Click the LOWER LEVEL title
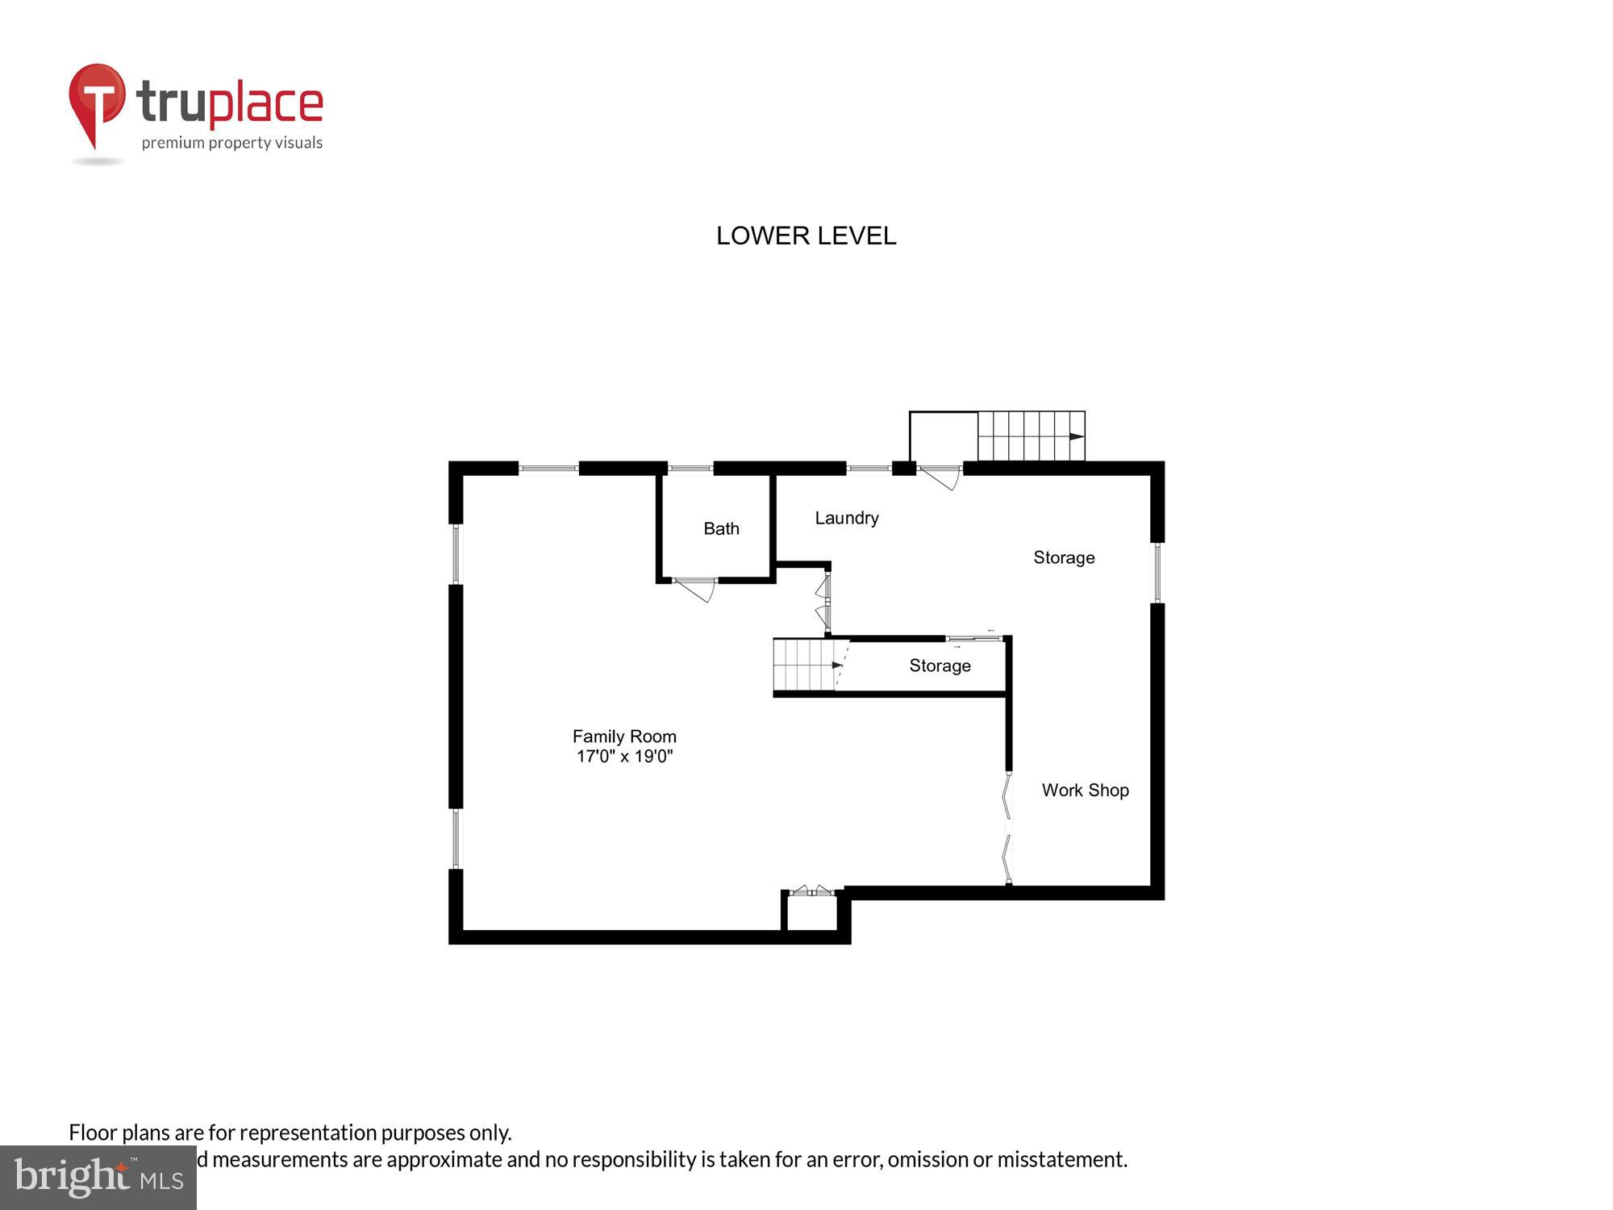click(x=806, y=236)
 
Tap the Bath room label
click(x=721, y=528)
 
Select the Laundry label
click(x=846, y=518)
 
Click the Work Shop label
click(x=1085, y=790)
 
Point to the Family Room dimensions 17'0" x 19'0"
click(x=624, y=757)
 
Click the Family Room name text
click(x=624, y=736)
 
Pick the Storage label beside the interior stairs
click(x=940, y=665)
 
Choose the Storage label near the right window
click(x=1064, y=557)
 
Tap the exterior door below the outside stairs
click(x=940, y=476)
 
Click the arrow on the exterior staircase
click(x=1076, y=436)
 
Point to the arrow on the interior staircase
click(x=836, y=665)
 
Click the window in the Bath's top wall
click(x=690, y=468)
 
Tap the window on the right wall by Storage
click(x=1157, y=573)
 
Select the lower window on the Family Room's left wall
click(x=456, y=838)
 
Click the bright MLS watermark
click(x=98, y=1179)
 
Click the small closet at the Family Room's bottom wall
click(x=811, y=912)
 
